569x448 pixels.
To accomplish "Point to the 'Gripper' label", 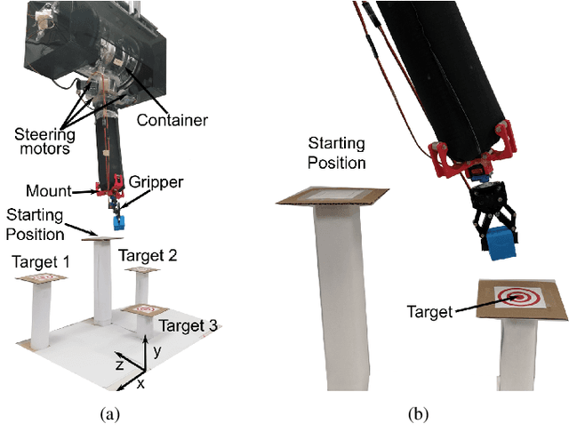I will pos(156,182).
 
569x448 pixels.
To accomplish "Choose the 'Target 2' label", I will pos(148,255).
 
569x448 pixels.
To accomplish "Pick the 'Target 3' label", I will pos(188,326).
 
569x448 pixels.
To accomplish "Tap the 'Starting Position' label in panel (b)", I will pos(336,152).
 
